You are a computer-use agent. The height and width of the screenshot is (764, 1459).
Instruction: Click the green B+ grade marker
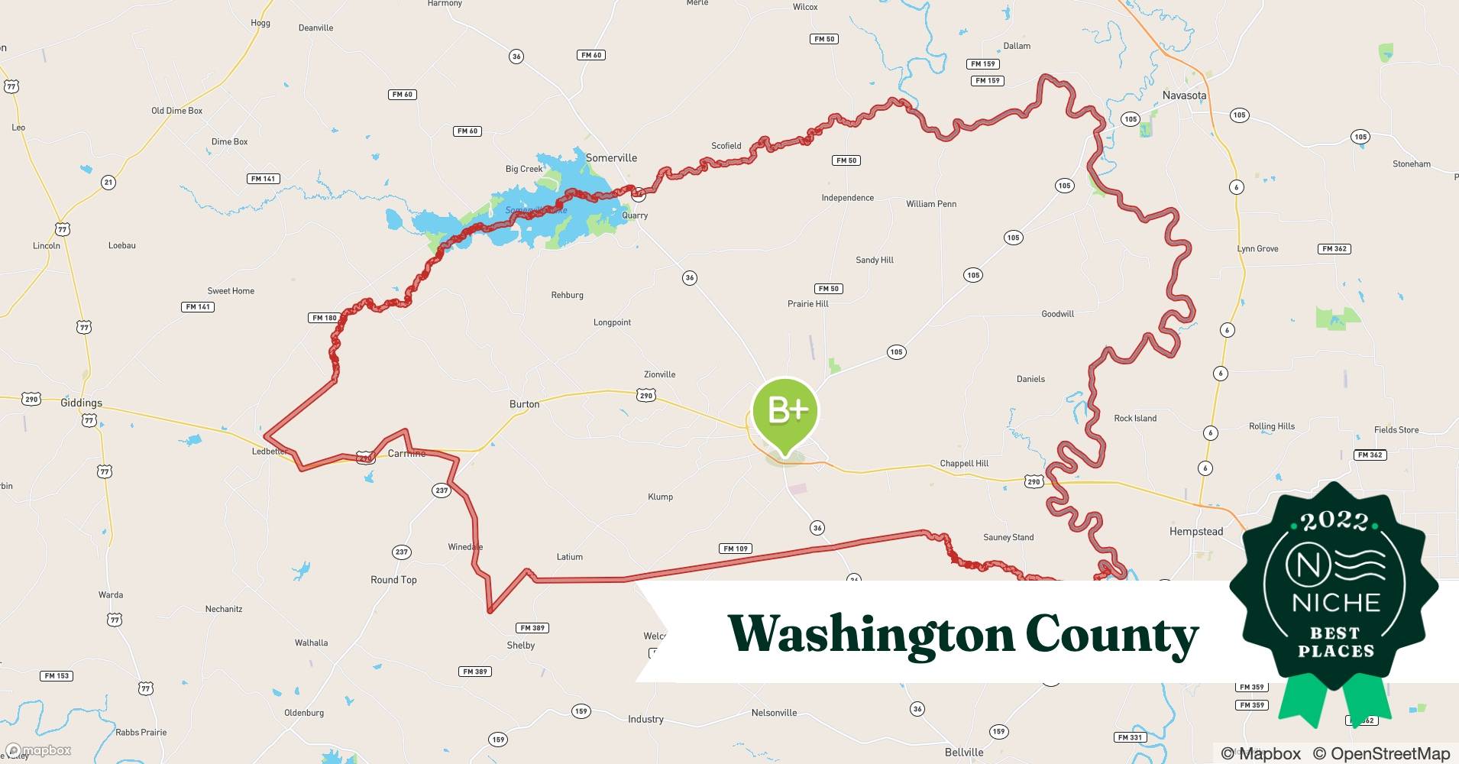coord(784,412)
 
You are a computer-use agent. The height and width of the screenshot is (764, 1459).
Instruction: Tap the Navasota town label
coord(1184,95)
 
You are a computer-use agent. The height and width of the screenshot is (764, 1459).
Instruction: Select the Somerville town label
coord(611,158)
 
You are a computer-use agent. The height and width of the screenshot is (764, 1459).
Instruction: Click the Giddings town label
coord(81,403)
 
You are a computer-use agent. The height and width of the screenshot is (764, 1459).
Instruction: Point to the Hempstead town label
coord(1195,531)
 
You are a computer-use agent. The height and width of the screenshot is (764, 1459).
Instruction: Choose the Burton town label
coord(524,404)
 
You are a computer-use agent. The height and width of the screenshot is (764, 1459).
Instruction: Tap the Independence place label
coord(847,198)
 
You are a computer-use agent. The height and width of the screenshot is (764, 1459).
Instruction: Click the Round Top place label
coord(393,580)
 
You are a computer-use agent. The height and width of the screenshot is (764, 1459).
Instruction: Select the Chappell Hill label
coord(964,463)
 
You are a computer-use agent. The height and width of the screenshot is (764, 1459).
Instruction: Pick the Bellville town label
coord(963,752)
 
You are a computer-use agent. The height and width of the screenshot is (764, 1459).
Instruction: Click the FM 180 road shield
coord(324,318)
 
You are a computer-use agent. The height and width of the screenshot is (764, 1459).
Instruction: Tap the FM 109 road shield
coord(736,549)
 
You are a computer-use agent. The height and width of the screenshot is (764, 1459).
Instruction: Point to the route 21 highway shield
coord(108,182)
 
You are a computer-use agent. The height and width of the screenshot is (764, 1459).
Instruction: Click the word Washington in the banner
coord(870,634)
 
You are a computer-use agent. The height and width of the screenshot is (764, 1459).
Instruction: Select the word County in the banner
coord(1111,634)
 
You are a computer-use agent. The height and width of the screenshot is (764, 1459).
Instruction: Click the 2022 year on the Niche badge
coord(1334,522)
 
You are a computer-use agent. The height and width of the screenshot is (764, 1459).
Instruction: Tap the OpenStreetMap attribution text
coord(1381,753)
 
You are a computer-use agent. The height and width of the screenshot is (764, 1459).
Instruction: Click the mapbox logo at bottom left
coord(38,750)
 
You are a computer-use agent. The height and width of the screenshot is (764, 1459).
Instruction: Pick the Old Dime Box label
coord(176,111)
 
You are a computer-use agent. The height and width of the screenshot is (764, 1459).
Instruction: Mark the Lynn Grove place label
coord(1257,249)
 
